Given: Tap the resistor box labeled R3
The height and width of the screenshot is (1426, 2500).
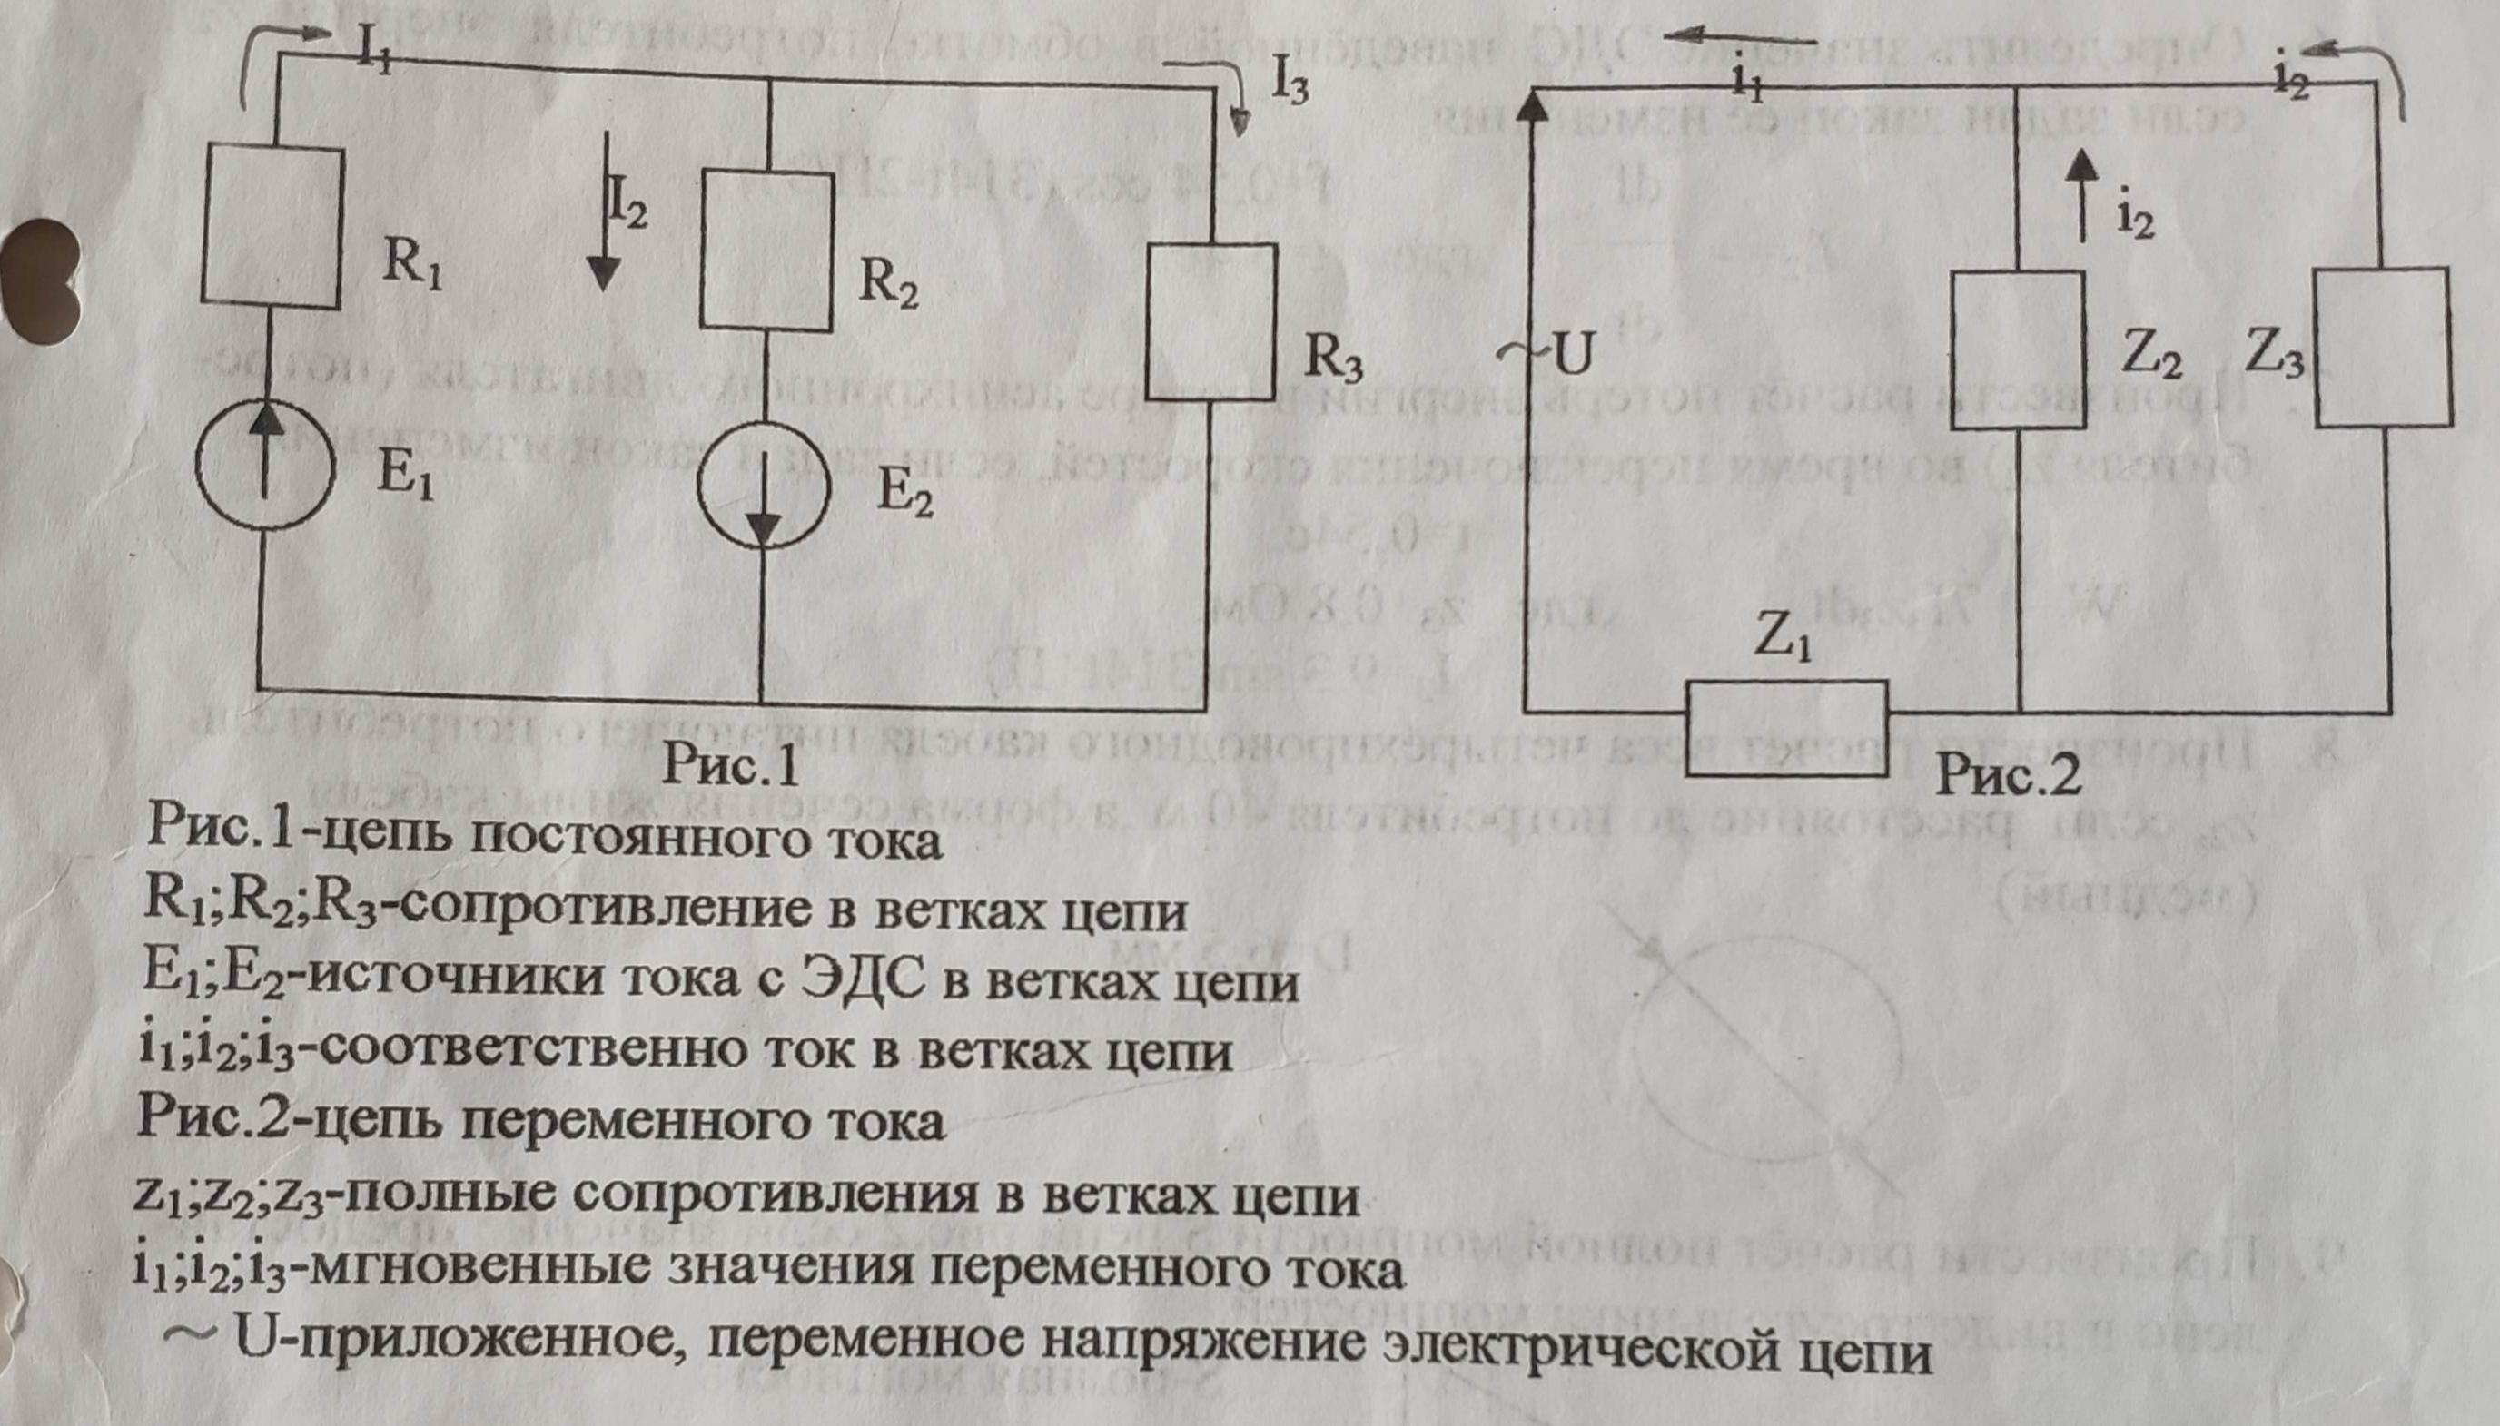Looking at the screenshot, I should (x=1211, y=322).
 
